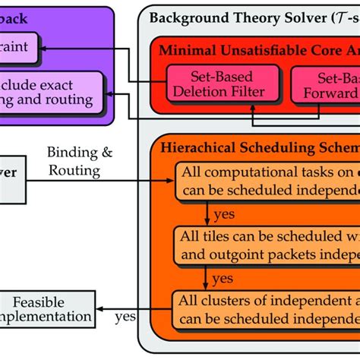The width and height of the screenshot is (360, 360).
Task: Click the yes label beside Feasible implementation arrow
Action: point(126,313)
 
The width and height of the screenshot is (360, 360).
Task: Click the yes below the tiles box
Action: point(221,277)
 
